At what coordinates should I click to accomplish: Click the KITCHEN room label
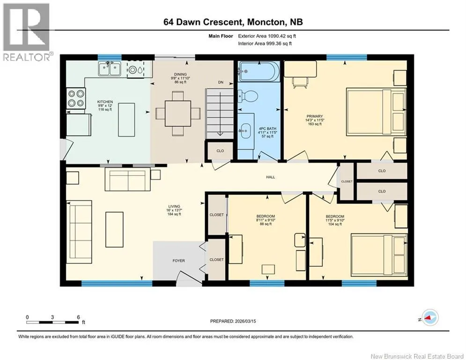(x=105, y=102)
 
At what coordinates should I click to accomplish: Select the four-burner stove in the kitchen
(x=76, y=98)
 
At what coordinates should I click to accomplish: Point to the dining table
(x=178, y=113)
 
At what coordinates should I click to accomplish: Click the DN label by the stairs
(x=221, y=82)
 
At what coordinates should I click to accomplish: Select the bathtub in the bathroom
(x=259, y=71)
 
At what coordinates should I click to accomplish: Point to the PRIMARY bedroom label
(x=315, y=116)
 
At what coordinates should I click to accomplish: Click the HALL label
(x=270, y=177)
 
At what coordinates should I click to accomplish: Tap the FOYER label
(x=178, y=261)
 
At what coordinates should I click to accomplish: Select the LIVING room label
(x=174, y=206)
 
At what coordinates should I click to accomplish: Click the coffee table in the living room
(x=114, y=229)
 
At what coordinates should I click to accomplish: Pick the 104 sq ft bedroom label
(x=335, y=220)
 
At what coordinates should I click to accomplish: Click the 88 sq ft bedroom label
(x=266, y=220)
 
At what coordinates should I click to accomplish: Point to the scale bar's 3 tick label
(x=52, y=317)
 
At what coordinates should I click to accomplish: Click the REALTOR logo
(x=27, y=32)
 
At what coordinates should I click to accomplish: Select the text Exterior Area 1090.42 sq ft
(x=267, y=36)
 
